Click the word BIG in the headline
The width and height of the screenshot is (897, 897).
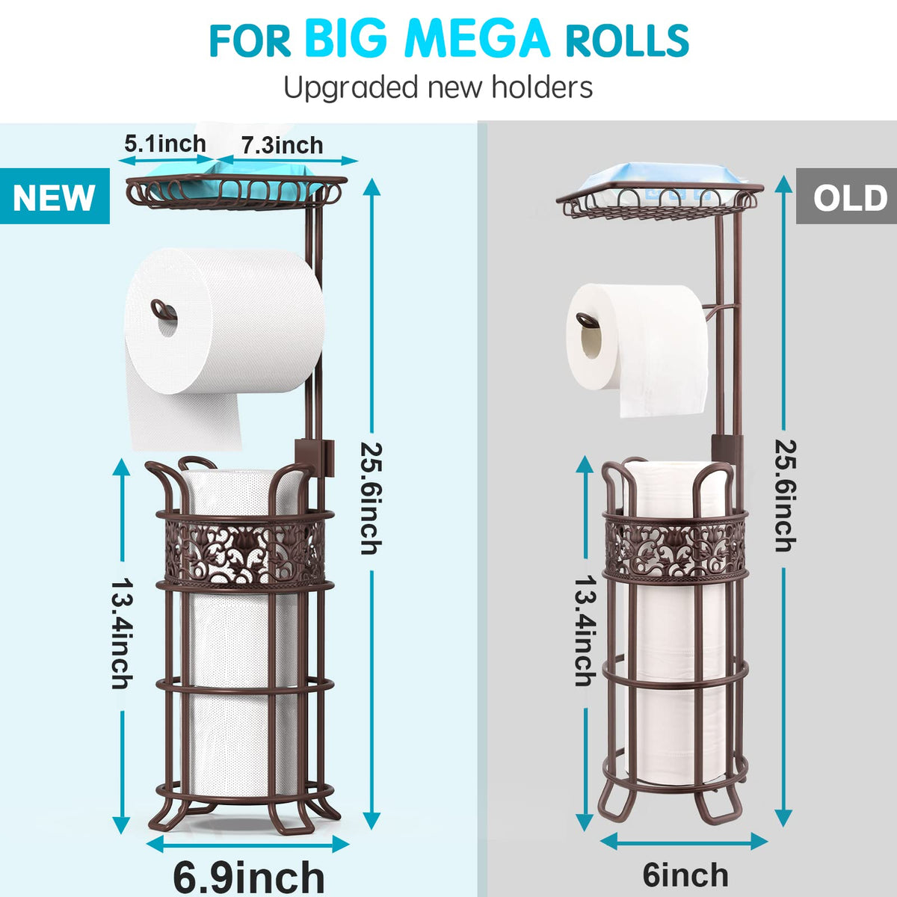click(x=346, y=39)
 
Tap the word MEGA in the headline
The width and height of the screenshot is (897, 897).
click(x=478, y=39)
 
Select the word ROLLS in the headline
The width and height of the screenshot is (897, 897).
click(x=626, y=40)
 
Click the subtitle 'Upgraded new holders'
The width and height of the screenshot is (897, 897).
click(x=438, y=87)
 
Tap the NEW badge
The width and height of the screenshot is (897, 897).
click(x=55, y=196)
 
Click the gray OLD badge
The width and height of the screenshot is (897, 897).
click(x=846, y=197)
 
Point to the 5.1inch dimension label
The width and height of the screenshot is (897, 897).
click(x=164, y=144)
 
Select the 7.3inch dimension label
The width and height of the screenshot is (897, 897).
click(x=282, y=145)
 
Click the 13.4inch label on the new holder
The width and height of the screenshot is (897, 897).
click(x=122, y=634)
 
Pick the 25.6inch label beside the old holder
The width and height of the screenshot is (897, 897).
click(x=786, y=496)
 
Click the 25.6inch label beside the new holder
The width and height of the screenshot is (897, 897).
click(x=371, y=499)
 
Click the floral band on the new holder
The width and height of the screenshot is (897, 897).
click(x=244, y=552)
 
